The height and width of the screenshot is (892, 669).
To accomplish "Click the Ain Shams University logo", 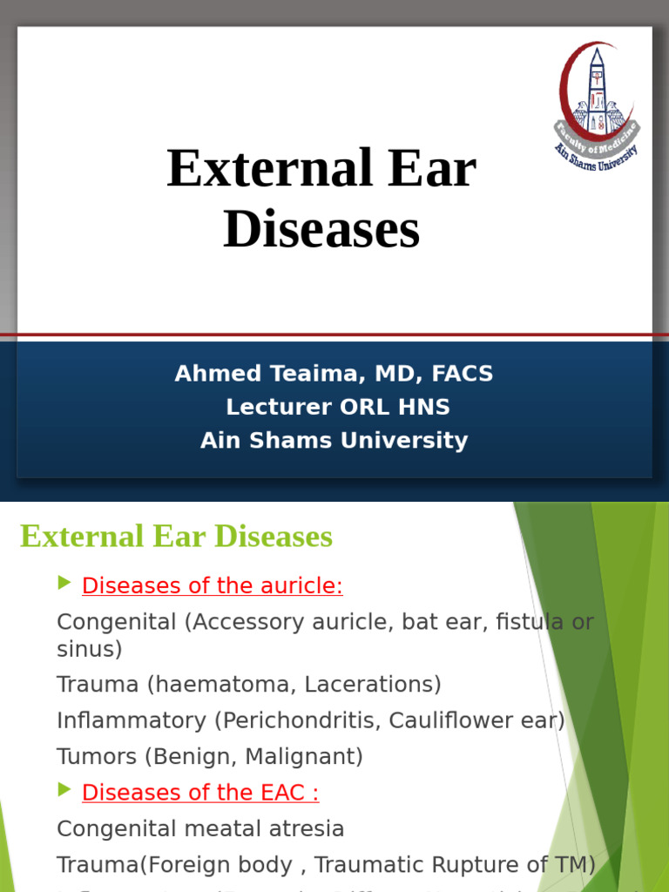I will click(598, 105).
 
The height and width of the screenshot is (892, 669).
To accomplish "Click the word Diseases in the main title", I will click(321, 231).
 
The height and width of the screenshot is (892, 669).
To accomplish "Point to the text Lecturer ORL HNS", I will click(337, 407).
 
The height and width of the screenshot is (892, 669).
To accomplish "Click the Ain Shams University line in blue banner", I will click(334, 440).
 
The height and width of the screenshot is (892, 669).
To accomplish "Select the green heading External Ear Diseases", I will click(176, 537).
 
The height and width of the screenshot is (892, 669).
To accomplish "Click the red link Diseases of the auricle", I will click(212, 586).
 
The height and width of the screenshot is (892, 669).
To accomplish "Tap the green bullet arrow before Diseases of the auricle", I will click(64, 584).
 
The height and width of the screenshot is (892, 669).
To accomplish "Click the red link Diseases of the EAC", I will click(200, 793).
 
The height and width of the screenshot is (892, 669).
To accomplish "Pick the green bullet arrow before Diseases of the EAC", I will click(64, 790).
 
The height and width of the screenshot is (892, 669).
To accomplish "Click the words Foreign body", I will click(233, 865).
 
